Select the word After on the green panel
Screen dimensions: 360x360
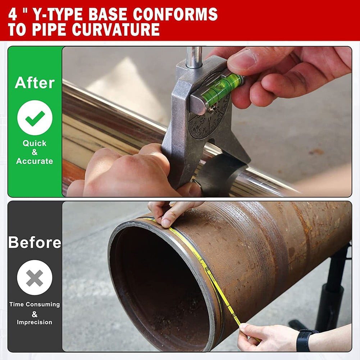(x=35, y=83)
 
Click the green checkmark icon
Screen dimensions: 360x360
(x=35, y=118)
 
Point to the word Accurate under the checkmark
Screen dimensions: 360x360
(x=35, y=161)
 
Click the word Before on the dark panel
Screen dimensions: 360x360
(x=35, y=242)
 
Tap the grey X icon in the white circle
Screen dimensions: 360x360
(x=35, y=278)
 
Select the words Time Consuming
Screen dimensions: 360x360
(x=35, y=304)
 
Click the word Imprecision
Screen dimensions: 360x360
(x=35, y=322)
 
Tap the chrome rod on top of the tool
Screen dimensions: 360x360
(x=194, y=58)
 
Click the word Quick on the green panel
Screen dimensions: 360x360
(x=35, y=143)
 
